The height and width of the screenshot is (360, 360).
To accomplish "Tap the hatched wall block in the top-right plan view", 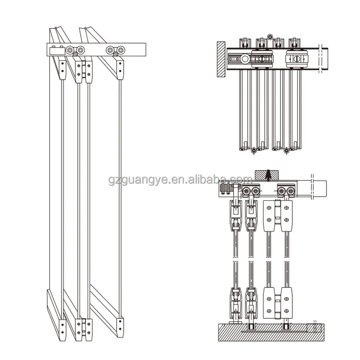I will pyautogui.click(x=220, y=60).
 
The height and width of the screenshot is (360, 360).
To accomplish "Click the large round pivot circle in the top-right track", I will pyautogui.click(x=246, y=60).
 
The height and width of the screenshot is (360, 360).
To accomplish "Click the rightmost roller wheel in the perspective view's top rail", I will pyautogui.click(x=116, y=50).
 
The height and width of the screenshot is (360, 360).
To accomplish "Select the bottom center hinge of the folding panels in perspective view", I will pyautogui.click(x=84, y=327).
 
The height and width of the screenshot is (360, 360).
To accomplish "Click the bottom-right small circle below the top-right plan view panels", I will pyautogui.click(x=286, y=151).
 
